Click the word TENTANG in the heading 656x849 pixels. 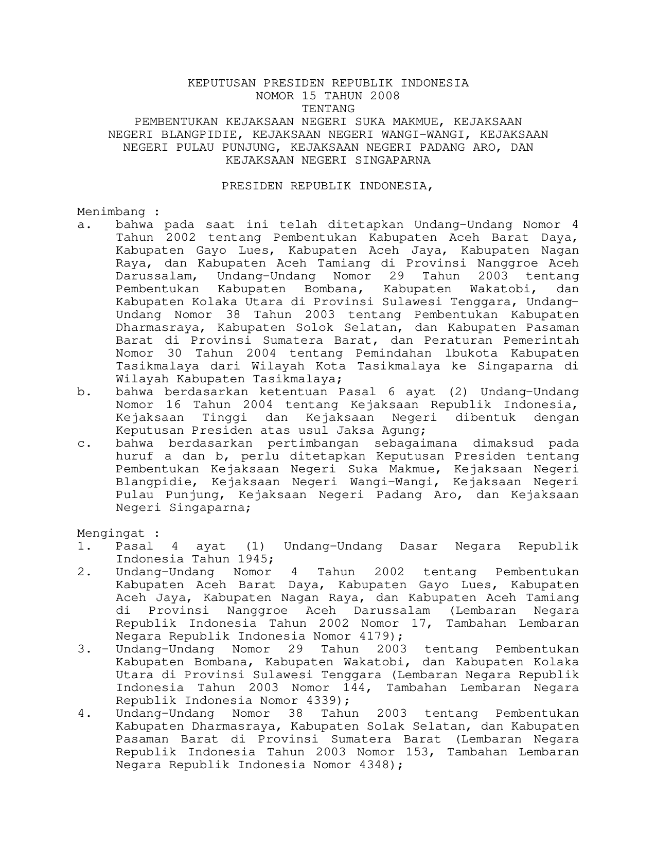(x=328, y=109)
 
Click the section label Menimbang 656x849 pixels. (x=111, y=212)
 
